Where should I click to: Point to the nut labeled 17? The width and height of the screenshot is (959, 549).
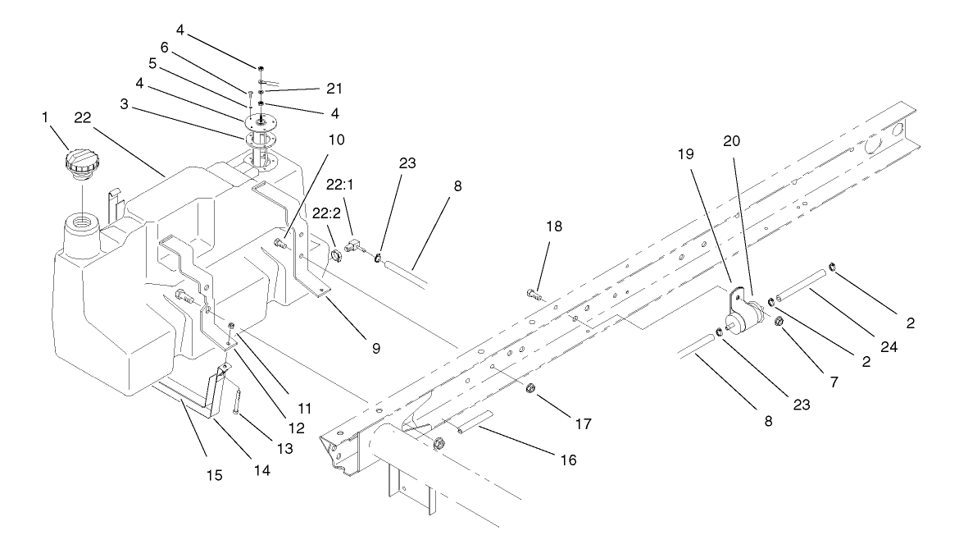click(531, 387)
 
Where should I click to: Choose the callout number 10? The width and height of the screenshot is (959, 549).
click(312, 140)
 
